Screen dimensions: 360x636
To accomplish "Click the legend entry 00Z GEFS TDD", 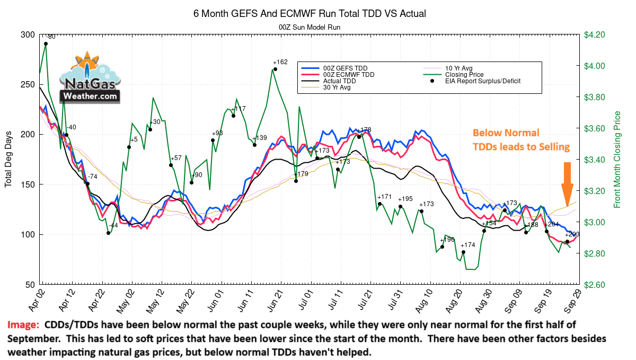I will click(x=345, y=68).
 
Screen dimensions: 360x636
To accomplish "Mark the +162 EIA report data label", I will click(x=280, y=62).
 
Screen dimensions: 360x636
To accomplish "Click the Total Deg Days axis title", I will click(x=8, y=160).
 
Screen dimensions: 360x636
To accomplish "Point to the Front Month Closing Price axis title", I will click(x=617, y=160).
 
